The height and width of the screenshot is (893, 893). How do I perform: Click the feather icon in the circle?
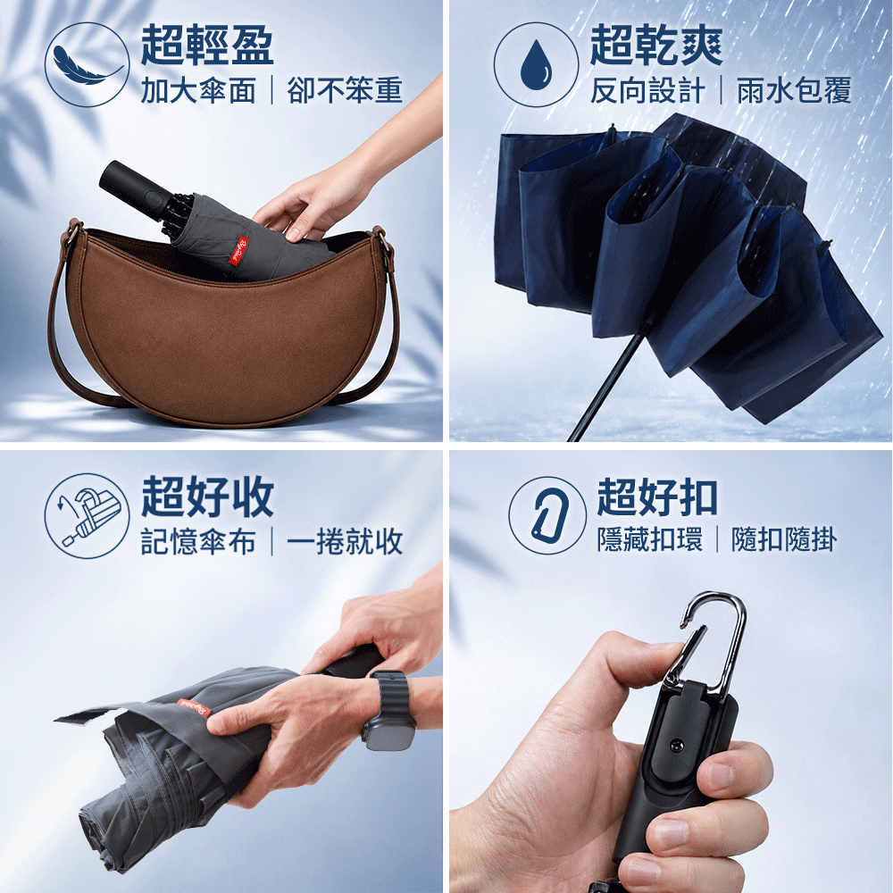[x=87, y=64]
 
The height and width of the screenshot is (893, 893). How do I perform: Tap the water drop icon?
[x=536, y=64]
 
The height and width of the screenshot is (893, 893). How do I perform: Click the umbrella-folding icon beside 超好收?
[x=88, y=515]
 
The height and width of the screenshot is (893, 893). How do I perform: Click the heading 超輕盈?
[x=207, y=45]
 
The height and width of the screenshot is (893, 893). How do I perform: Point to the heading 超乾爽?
[x=656, y=45]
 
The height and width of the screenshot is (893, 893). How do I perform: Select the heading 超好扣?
[x=657, y=497]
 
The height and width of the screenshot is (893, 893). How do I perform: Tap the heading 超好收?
[x=207, y=497]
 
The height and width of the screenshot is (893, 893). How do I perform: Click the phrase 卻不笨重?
[x=345, y=90]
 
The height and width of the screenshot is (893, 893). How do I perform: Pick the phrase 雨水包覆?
[x=794, y=90]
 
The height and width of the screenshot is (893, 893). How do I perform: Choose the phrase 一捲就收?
[x=345, y=541]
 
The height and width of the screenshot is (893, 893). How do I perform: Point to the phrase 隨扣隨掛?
[x=784, y=539]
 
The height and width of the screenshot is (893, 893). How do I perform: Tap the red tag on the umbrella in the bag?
[x=238, y=251]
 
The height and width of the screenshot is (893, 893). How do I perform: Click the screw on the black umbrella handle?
[x=677, y=746]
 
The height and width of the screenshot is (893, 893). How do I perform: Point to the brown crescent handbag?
[x=223, y=326]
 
